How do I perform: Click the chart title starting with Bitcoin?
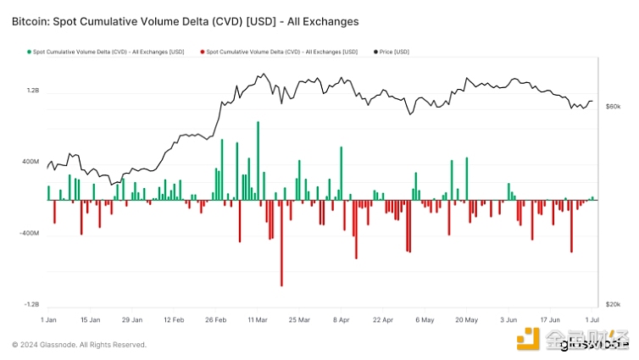[186, 19]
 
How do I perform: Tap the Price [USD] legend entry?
[394, 53]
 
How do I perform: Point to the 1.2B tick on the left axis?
[33, 90]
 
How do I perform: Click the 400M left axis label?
[31, 162]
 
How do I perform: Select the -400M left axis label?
[31, 233]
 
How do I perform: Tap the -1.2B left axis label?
[32, 304]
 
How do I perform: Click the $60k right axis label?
[614, 106]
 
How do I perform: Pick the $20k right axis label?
[614, 304]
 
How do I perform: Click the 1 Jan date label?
[49, 321]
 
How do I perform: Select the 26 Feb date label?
[216, 321]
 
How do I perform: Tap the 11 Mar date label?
[258, 321]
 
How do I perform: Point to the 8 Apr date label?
[341, 321]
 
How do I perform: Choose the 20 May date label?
[466, 321]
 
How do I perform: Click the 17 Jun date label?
[549, 321]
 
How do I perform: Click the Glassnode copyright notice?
[79, 345]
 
